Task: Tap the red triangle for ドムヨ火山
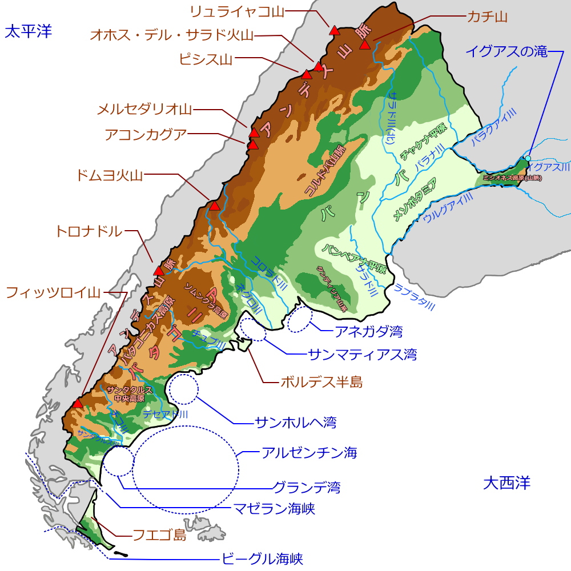click(215, 206)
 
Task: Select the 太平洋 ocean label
click(28, 31)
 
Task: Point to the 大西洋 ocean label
click(506, 483)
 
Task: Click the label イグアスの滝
click(506, 51)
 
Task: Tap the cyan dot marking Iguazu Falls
click(528, 158)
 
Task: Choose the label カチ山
click(487, 17)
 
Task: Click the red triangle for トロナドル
click(159, 271)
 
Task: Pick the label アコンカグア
click(146, 135)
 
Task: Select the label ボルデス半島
click(321, 382)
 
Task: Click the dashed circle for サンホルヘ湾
click(182, 389)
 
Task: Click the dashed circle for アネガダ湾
click(300, 320)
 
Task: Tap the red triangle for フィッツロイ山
click(78, 404)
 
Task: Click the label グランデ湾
click(307, 488)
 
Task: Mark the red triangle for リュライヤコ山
click(333, 30)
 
